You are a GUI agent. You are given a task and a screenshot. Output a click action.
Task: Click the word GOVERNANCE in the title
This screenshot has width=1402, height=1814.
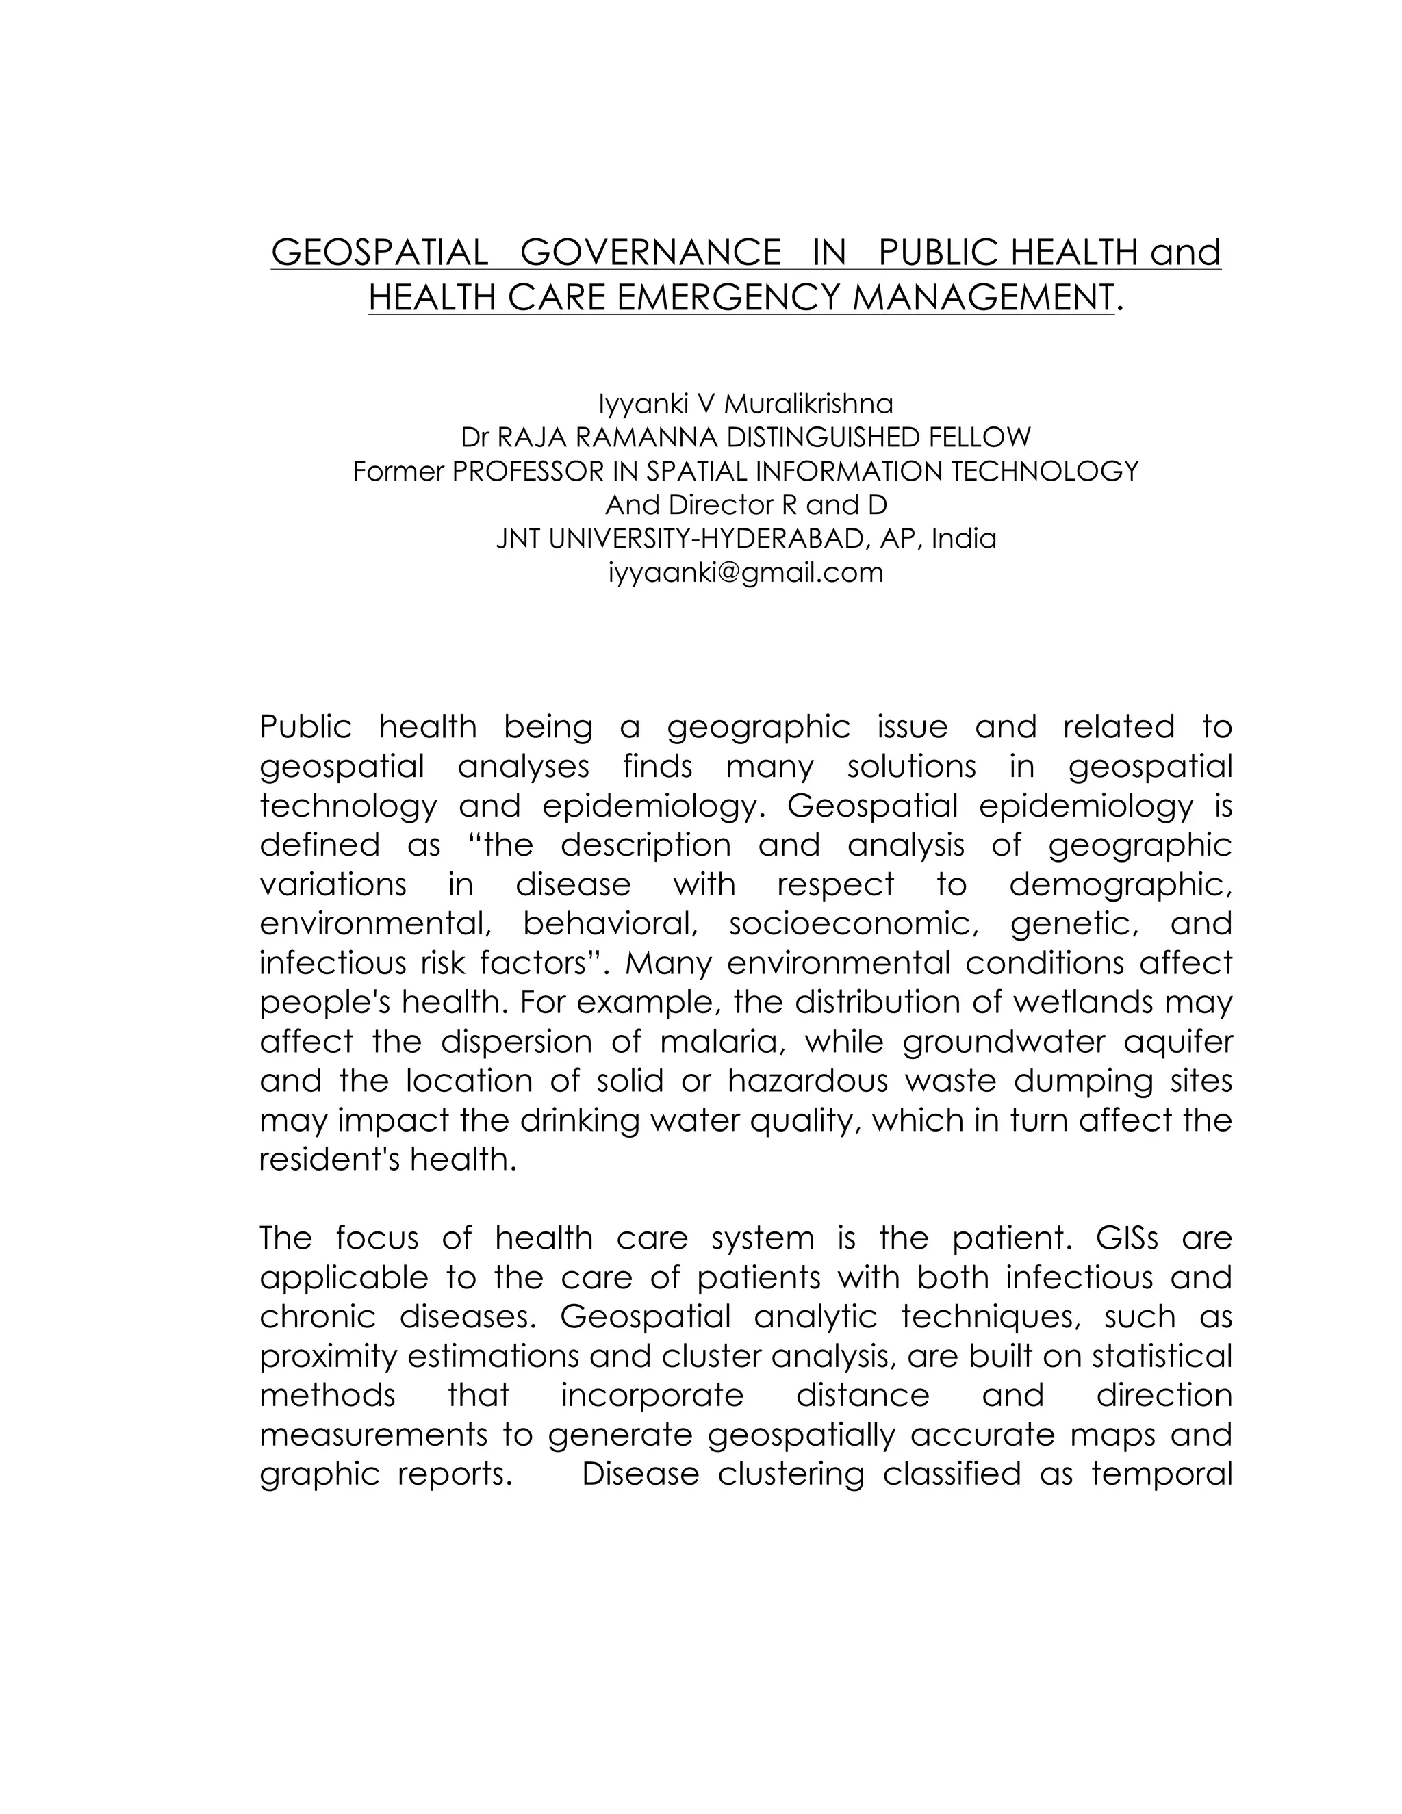pos(650,252)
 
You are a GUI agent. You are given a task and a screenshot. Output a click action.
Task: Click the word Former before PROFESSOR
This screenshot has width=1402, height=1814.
pos(398,471)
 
